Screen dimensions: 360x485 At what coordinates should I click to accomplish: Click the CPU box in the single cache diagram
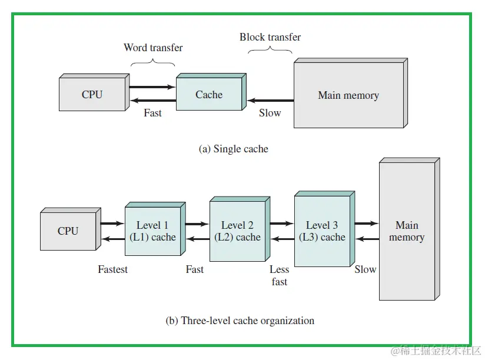(x=92, y=95)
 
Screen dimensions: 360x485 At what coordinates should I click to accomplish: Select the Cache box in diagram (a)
(x=209, y=95)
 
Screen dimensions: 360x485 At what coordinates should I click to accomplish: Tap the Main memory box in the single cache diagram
(x=348, y=95)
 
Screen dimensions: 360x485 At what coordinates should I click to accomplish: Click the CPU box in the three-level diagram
(x=68, y=231)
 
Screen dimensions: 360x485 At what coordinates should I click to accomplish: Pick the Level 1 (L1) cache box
(x=152, y=231)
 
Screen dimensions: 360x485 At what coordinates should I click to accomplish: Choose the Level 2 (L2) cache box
(x=237, y=231)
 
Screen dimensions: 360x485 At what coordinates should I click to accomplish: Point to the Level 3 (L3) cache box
(x=322, y=231)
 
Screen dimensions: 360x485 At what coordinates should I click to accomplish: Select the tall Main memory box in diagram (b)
(x=407, y=231)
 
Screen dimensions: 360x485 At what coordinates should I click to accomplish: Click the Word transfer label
(x=153, y=48)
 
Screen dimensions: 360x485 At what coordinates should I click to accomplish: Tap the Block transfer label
(x=270, y=37)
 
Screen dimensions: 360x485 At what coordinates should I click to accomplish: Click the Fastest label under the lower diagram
(x=112, y=269)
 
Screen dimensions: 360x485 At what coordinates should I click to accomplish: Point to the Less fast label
(x=280, y=275)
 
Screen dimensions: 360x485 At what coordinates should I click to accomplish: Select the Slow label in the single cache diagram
(x=270, y=113)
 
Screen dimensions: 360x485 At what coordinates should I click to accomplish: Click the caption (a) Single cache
(x=234, y=149)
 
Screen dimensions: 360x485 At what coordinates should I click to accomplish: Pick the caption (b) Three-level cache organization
(x=240, y=321)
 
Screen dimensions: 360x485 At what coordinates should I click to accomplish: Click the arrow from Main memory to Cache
(x=270, y=101)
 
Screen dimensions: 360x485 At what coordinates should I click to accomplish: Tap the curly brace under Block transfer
(x=270, y=52)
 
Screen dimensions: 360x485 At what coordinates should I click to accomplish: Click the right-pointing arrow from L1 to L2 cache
(x=197, y=224)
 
